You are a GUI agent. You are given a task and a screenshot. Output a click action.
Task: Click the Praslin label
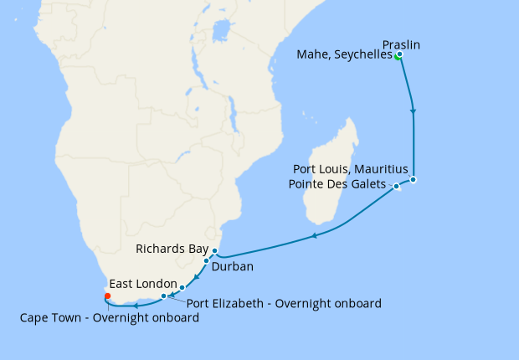click(400, 44)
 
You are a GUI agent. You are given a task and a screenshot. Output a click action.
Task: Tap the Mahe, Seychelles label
click(345, 55)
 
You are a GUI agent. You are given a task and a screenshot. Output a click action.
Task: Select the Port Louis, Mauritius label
click(351, 169)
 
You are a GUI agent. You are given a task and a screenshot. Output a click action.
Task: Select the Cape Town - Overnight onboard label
click(110, 317)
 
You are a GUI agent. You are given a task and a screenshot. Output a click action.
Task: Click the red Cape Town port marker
click(107, 296)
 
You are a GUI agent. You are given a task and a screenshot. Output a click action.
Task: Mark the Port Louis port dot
click(413, 179)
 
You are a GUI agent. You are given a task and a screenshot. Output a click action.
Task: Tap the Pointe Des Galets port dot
click(396, 186)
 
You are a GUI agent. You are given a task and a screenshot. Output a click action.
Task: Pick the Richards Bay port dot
click(214, 251)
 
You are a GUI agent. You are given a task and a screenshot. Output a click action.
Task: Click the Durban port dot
click(206, 261)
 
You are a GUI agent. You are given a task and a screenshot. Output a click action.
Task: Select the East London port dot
click(182, 288)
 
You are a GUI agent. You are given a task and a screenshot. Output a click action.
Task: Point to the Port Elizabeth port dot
click(163, 296)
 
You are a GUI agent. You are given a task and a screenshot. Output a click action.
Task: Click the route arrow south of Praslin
click(413, 110)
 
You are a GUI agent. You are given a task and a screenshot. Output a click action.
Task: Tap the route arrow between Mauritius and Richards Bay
click(314, 236)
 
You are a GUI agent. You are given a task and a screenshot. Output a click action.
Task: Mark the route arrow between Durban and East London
click(195, 277)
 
